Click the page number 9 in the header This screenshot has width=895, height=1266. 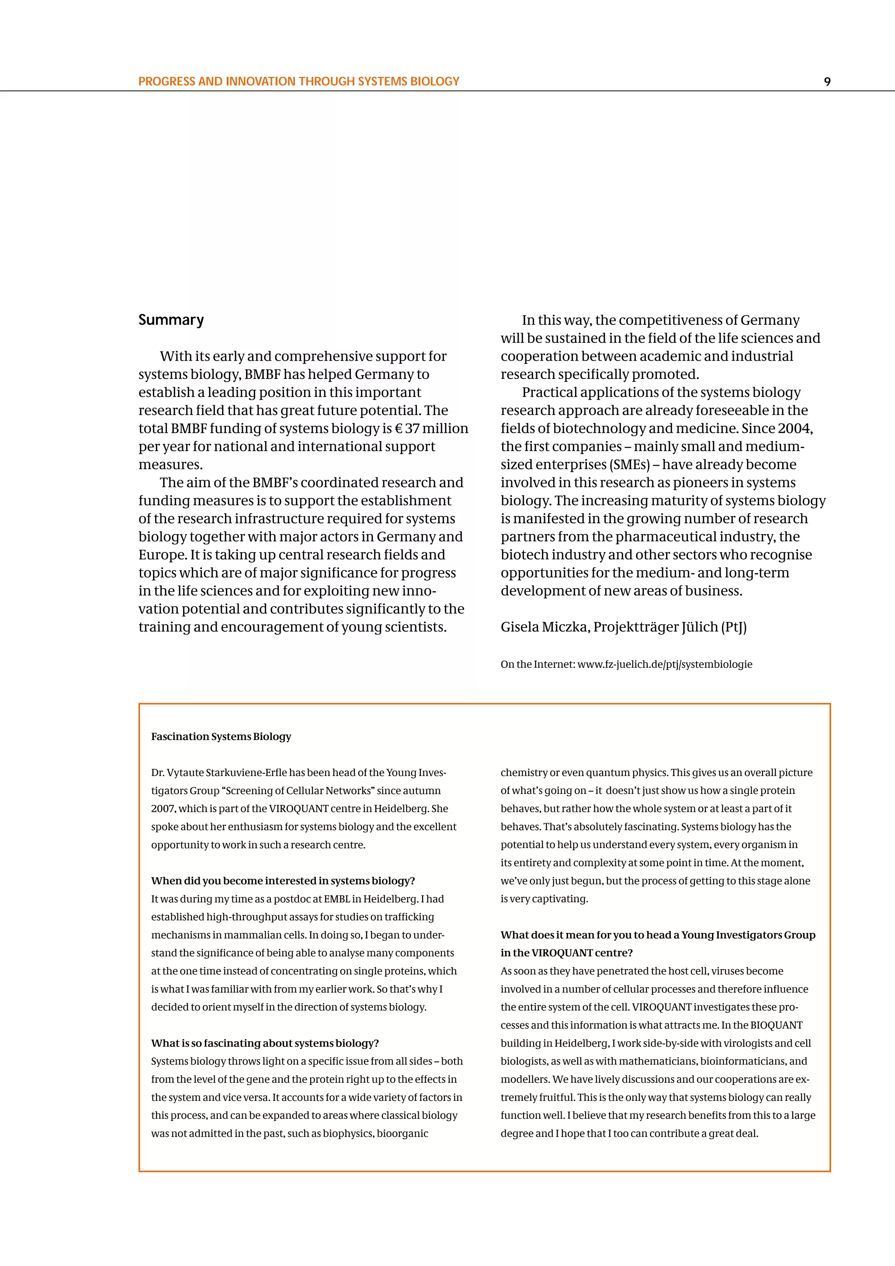(827, 82)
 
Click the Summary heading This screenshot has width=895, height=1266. (171, 320)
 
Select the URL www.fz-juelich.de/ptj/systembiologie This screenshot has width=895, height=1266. (665, 664)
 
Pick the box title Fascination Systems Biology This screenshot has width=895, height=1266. (221, 737)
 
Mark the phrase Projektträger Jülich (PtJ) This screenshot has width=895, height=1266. (670, 627)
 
